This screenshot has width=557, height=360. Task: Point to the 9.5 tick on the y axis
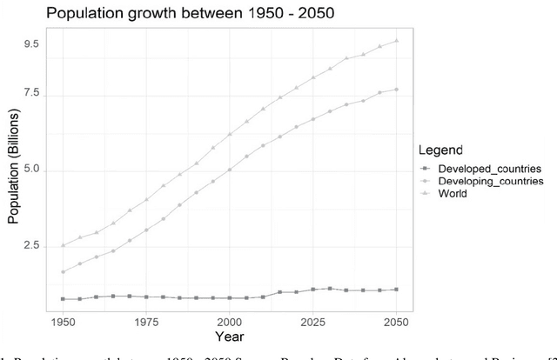[31, 43]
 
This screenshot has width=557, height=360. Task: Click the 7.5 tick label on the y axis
[31, 94]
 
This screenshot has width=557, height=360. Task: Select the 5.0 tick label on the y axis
[31, 170]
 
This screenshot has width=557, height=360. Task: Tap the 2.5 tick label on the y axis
[31, 246]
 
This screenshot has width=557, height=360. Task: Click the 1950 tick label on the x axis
[62, 321]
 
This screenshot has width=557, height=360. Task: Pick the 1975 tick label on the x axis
[145, 321]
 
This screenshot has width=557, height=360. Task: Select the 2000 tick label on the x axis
[229, 321]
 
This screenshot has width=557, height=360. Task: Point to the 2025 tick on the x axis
[312, 321]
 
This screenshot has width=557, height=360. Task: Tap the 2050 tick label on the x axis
[396, 321]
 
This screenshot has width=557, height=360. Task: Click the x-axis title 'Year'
[229, 336]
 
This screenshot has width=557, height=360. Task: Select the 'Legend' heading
[440, 150]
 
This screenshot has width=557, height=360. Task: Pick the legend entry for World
[452, 194]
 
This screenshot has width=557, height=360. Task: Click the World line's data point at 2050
[396, 40]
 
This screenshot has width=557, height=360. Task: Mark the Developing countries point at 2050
[396, 89]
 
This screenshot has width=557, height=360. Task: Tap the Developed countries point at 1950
[63, 299]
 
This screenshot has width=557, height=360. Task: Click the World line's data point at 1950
[63, 245]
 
